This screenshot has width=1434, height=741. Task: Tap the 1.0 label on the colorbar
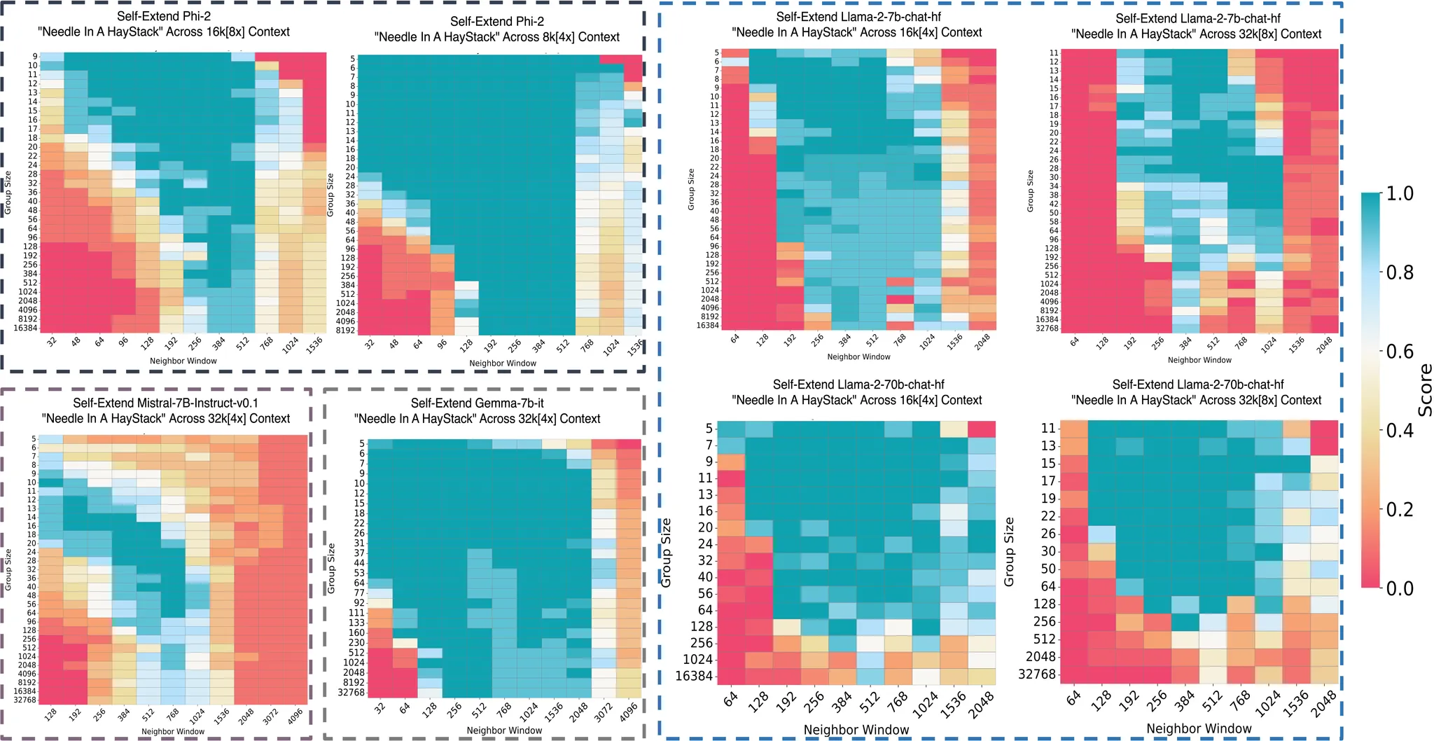[1400, 194]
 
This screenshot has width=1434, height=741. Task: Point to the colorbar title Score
[1424, 390]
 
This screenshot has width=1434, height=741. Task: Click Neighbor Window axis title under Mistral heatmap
[173, 731]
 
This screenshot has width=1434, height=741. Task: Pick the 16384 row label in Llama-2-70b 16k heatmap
[693, 676]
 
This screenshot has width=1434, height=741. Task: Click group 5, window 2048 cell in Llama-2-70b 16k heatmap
[982, 429]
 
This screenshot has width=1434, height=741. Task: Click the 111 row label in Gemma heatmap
[356, 613]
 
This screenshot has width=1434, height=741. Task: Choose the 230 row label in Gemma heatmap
[356, 642]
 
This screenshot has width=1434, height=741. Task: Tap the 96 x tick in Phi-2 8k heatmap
[442, 344]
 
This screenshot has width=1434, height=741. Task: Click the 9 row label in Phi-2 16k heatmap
[34, 57]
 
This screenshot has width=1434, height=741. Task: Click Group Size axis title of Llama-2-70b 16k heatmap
[666, 553]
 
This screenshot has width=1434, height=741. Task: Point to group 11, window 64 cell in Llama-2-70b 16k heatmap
[731, 478]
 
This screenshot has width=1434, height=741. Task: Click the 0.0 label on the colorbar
[1400, 588]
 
